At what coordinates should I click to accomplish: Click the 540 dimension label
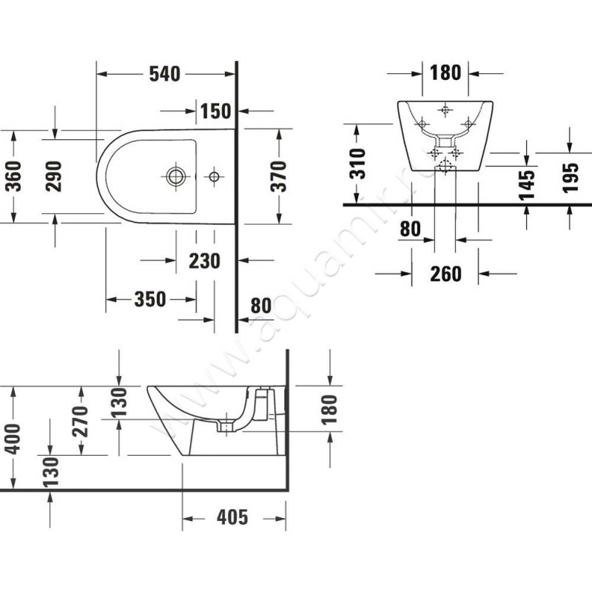165,74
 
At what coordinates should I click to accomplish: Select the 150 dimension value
215,112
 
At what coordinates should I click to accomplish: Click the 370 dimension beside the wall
279,176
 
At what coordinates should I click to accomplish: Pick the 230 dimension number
204,260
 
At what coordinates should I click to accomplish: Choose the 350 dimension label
149,299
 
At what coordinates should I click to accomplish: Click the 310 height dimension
357,164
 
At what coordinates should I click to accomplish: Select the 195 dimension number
570,178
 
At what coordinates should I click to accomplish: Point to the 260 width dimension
445,274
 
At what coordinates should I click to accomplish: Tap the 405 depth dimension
232,517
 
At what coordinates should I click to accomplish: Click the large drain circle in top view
176,176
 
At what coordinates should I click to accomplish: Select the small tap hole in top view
214,176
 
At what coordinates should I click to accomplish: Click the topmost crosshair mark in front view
444,111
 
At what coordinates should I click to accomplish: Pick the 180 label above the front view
445,73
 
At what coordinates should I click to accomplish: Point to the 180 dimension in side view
329,408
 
